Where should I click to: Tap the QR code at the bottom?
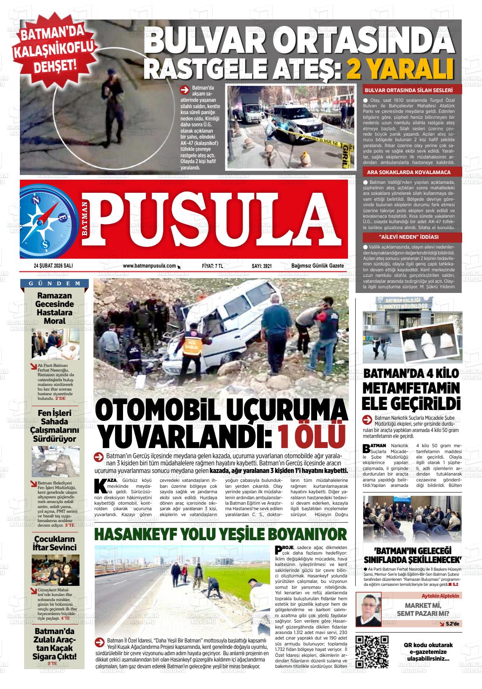click(x=372, y=651)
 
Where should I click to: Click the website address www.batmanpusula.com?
click(x=149, y=266)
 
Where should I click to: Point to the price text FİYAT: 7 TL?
click(x=212, y=266)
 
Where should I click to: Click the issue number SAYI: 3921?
click(x=261, y=266)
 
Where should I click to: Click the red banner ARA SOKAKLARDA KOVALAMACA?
click(x=408, y=172)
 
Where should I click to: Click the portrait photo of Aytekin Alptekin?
click(x=370, y=609)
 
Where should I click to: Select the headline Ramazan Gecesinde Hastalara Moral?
click(x=55, y=308)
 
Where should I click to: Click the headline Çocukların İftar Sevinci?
click(x=55, y=543)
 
